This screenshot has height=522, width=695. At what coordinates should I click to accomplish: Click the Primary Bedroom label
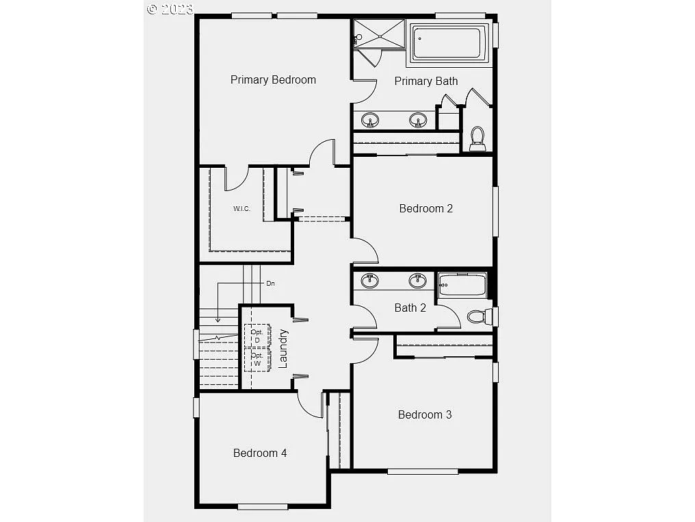click(x=273, y=79)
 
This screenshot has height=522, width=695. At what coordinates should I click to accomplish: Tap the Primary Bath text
click(x=425, y=81)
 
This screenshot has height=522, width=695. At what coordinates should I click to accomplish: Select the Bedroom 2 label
click(x=425, y=208)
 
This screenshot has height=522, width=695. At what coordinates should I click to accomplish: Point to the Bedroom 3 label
click(x=425, y=414)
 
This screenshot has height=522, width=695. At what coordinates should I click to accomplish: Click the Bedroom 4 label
click(x=260, y=453)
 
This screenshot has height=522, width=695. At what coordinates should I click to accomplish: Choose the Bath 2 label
click(x=410, y=308)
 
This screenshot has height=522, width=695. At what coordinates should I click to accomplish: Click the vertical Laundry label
click(x=283, y=349)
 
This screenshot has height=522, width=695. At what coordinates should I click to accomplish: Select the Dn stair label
click(x=270, y=283)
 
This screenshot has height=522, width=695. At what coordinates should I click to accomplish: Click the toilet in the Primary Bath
click(x=477, y=138)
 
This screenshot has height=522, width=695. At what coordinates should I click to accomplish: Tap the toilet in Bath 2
click(x=477, y=316)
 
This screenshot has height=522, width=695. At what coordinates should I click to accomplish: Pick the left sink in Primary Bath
click(x=370, y=121)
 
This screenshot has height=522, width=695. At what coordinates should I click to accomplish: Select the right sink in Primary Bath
click(x=418, y=121)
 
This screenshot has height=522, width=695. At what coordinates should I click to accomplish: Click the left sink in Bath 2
click(x=370, y=280)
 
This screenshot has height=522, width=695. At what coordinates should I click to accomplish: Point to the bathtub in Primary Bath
click(x=449, y=43)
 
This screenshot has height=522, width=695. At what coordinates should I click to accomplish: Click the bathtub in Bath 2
click(x=462, y=284)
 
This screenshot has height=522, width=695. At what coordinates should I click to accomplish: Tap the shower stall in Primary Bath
click(x=380, y=34)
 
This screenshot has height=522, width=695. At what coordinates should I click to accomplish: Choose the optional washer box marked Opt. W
click(x=257, y=359)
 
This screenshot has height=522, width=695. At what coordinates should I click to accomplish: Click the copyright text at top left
click(x=170, y=8)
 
